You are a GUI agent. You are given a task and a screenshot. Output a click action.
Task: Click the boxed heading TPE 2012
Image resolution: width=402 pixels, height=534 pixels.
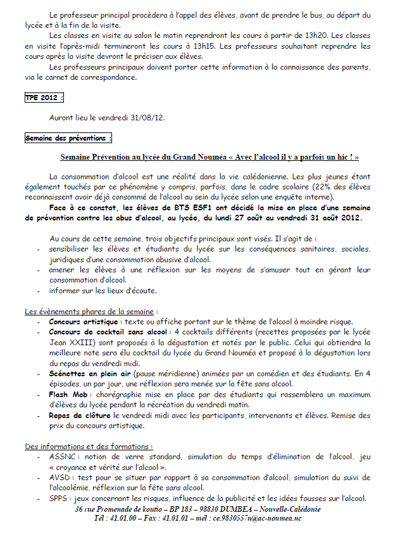44,98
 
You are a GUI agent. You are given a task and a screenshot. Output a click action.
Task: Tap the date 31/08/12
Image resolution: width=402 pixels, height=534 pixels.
147,117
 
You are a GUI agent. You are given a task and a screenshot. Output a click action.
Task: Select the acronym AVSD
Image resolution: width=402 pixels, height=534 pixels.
59,477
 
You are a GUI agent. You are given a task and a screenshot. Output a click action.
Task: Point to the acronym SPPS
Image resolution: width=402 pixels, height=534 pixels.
58,498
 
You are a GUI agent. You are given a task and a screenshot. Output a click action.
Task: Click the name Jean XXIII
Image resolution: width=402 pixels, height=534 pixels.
68,343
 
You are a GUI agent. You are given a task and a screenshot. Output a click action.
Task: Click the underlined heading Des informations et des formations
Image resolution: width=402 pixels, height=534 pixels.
89,446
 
